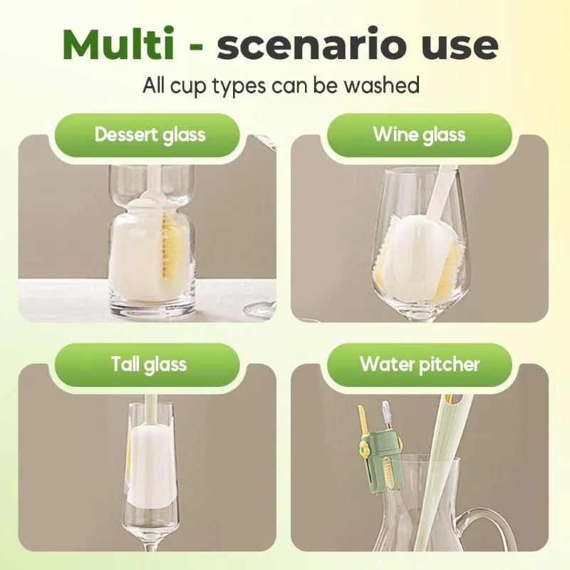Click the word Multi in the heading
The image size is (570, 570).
tap(118, 44)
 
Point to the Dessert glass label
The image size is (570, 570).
tap(150, 135)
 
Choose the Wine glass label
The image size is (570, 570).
tap(419, 135)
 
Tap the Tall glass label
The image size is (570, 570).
tap(149, 364)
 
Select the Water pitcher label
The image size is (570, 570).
tap(420, 364)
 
